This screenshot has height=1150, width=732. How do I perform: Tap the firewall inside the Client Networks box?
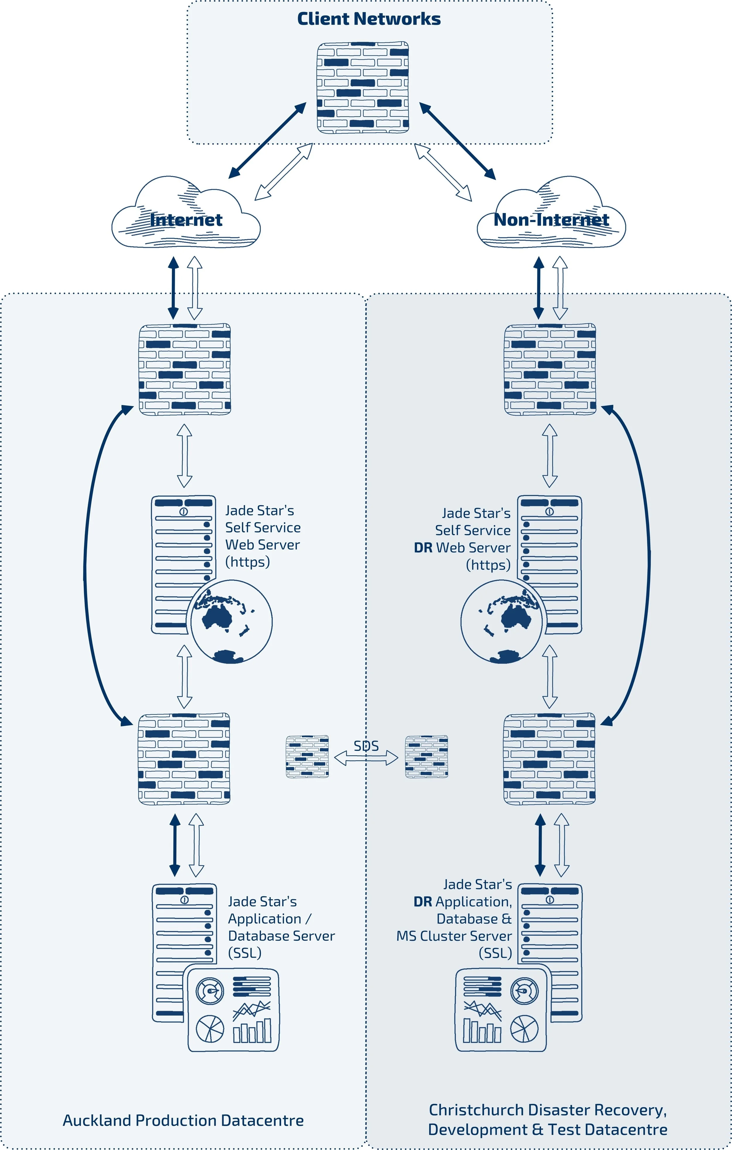click(x=363, y=87)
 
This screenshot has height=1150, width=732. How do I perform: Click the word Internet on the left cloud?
click(x=186, y=220)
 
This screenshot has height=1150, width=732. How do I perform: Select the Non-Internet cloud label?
click(x=551, y=220)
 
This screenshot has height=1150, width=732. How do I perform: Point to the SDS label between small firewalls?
click(x=366, y=746)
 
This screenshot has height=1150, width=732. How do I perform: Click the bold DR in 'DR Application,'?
click(x=423, y=902)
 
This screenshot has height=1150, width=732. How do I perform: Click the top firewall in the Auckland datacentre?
click(x=184, y=369)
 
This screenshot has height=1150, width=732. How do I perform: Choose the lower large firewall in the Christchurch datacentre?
click(x=550, y=759)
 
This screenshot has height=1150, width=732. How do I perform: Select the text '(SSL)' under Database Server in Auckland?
click(x=245, y=953)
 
